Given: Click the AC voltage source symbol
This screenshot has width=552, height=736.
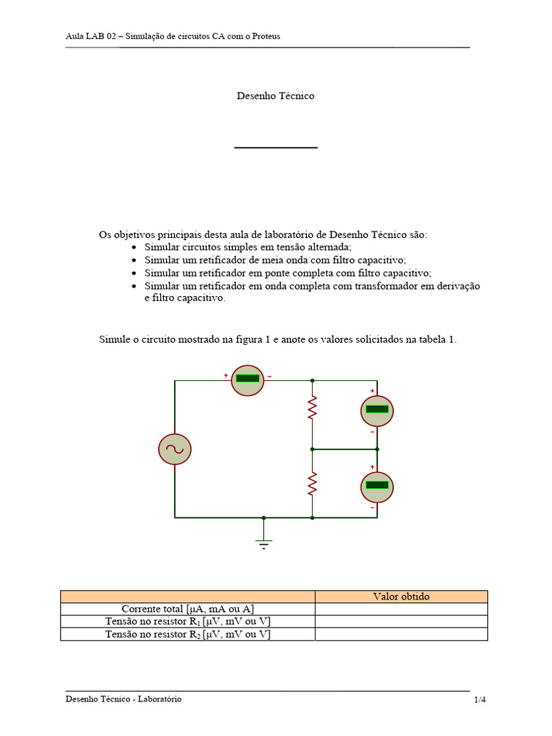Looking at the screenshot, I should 175,449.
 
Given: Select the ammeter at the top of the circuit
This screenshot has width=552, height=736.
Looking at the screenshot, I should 248,379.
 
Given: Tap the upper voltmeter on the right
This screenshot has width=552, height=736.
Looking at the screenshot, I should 377,410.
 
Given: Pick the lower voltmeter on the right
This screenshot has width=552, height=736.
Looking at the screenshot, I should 377,487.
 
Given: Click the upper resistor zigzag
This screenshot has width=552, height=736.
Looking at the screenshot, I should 313,408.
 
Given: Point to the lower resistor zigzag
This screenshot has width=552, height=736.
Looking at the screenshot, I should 313,484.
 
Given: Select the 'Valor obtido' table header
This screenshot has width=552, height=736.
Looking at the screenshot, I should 401,597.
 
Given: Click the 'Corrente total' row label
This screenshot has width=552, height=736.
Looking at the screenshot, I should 188,609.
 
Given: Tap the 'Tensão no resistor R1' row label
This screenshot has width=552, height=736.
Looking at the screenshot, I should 188,622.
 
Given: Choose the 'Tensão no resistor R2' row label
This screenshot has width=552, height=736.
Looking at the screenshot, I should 188,634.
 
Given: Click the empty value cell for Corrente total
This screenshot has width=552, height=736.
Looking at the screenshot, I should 401,609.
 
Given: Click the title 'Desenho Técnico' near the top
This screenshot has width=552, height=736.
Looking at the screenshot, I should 275,96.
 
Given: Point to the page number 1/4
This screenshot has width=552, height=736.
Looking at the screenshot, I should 480,699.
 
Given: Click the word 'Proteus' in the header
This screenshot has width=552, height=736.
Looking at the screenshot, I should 266,36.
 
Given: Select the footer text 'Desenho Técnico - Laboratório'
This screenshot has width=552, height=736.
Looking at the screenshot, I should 123,699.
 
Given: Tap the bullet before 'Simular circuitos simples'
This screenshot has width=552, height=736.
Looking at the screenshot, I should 134,247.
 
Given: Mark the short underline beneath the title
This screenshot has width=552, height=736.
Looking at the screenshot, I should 275,147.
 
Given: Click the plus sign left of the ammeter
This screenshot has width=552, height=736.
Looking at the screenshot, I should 226,375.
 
